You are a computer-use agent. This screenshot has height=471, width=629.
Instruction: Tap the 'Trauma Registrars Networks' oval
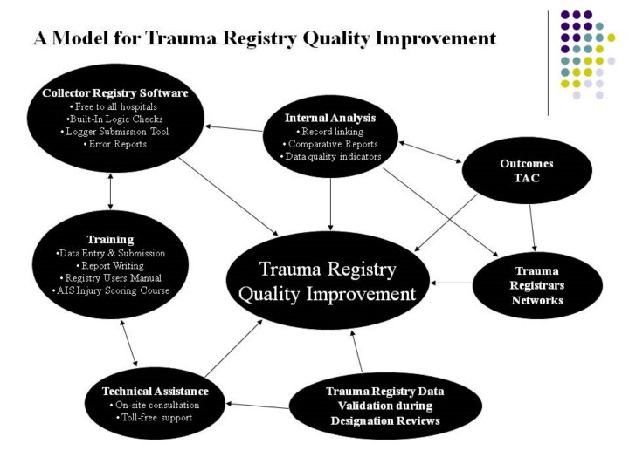(537, 284)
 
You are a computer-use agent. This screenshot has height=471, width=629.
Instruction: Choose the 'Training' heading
(110, 238)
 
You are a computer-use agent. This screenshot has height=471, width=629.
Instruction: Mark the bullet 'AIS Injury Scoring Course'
(110, 290)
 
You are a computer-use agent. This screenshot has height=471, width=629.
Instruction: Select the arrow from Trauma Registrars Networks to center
(453, 283)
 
